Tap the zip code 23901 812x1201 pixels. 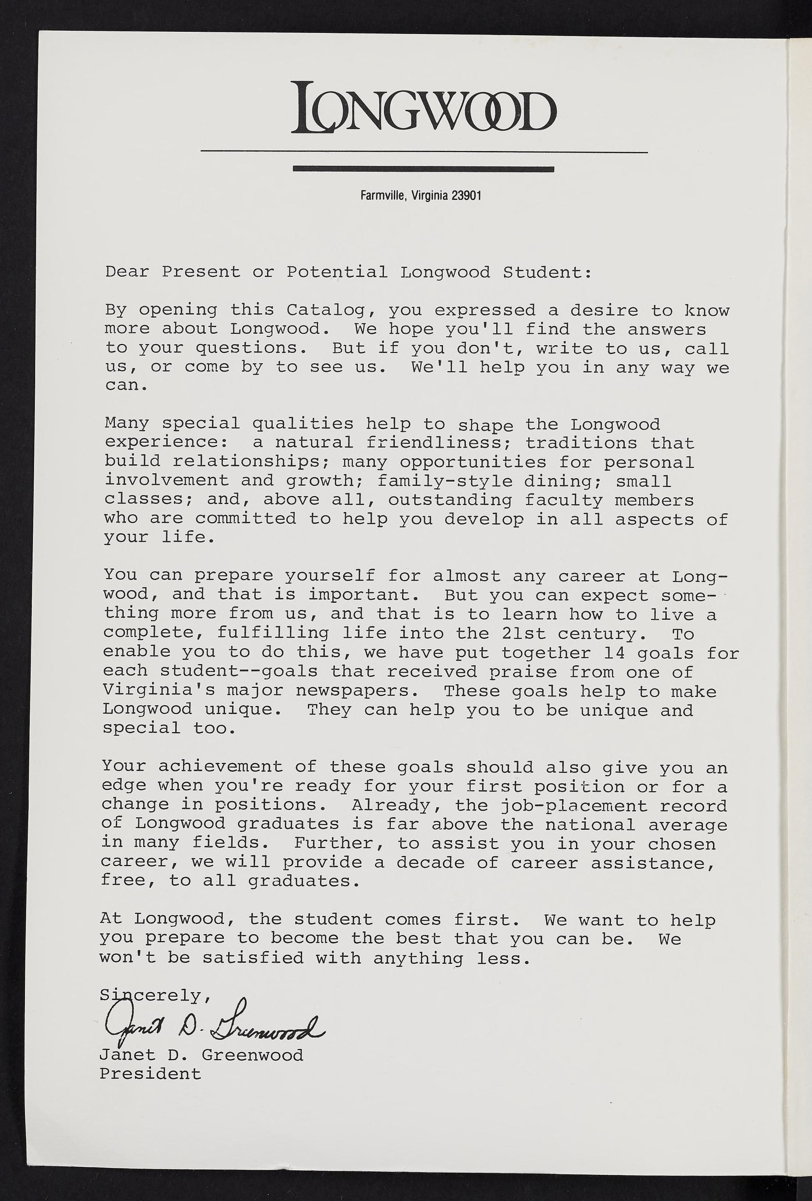click(466, 196)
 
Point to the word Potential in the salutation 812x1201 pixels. click(337, 272)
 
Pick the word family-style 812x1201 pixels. click(445, 481)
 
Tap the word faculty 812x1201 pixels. click(564, 500)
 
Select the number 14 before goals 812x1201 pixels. click(614, 653)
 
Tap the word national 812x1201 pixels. click(590, 825)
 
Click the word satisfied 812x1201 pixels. click(253, 958)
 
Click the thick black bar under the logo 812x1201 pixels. click(423, 168)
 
